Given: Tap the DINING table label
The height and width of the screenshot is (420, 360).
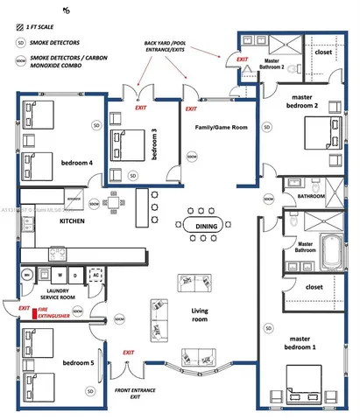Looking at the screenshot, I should coord(207,227).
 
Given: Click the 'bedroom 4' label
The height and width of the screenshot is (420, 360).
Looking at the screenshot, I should coord(76,163).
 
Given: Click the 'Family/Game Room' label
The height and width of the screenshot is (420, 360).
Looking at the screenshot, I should coord(221,128).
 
